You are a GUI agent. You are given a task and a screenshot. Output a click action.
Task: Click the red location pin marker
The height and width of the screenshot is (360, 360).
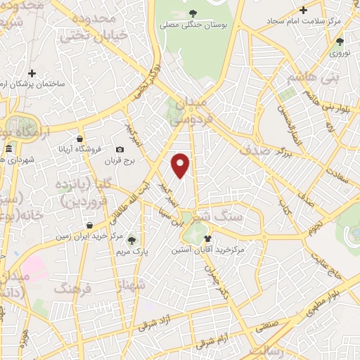click(x=181, y=165)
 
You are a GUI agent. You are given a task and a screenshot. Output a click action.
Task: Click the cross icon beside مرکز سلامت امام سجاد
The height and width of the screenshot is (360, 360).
click(x=303, y=10)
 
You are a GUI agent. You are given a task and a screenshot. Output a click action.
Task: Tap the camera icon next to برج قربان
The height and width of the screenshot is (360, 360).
click(x=120, y=150)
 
